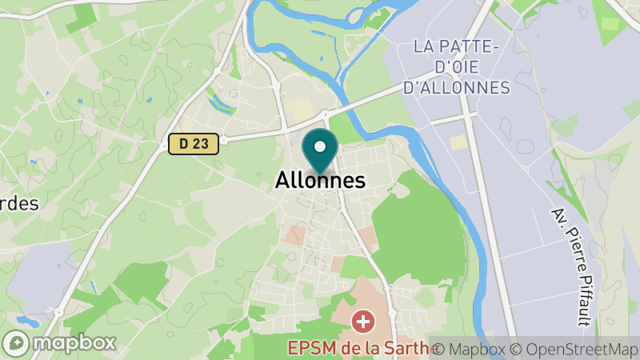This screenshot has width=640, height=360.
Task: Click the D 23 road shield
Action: (194, 144)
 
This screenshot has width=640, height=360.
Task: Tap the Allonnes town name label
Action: (320, 181)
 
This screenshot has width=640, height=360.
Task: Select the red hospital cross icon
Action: (363, 322)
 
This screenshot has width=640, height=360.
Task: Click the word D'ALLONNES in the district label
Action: (456, 87)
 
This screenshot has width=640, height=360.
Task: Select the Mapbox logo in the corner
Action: (59, 342)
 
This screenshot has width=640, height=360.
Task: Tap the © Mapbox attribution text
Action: (470, 350)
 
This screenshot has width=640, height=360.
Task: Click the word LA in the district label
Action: (425, 46)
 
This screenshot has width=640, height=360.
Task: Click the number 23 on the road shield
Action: (202, 144)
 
